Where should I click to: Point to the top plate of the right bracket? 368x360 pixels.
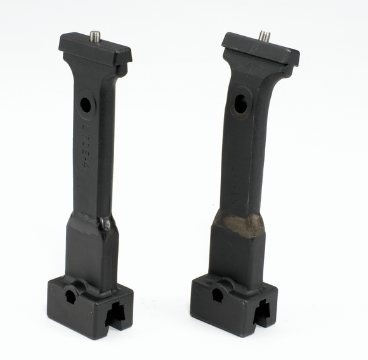260,48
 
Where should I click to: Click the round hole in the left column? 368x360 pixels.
86,105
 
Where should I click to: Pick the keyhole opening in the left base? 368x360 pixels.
70,295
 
